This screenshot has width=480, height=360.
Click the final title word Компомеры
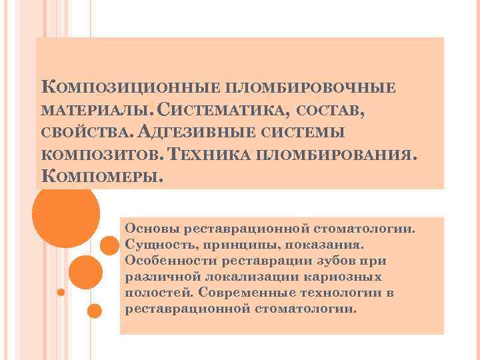pyautogui.click(x=102, y=177)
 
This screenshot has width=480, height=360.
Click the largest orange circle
pyautogui.click(x=66, y=214)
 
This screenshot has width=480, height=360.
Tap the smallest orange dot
pyautogui.click(x=61, y=292)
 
